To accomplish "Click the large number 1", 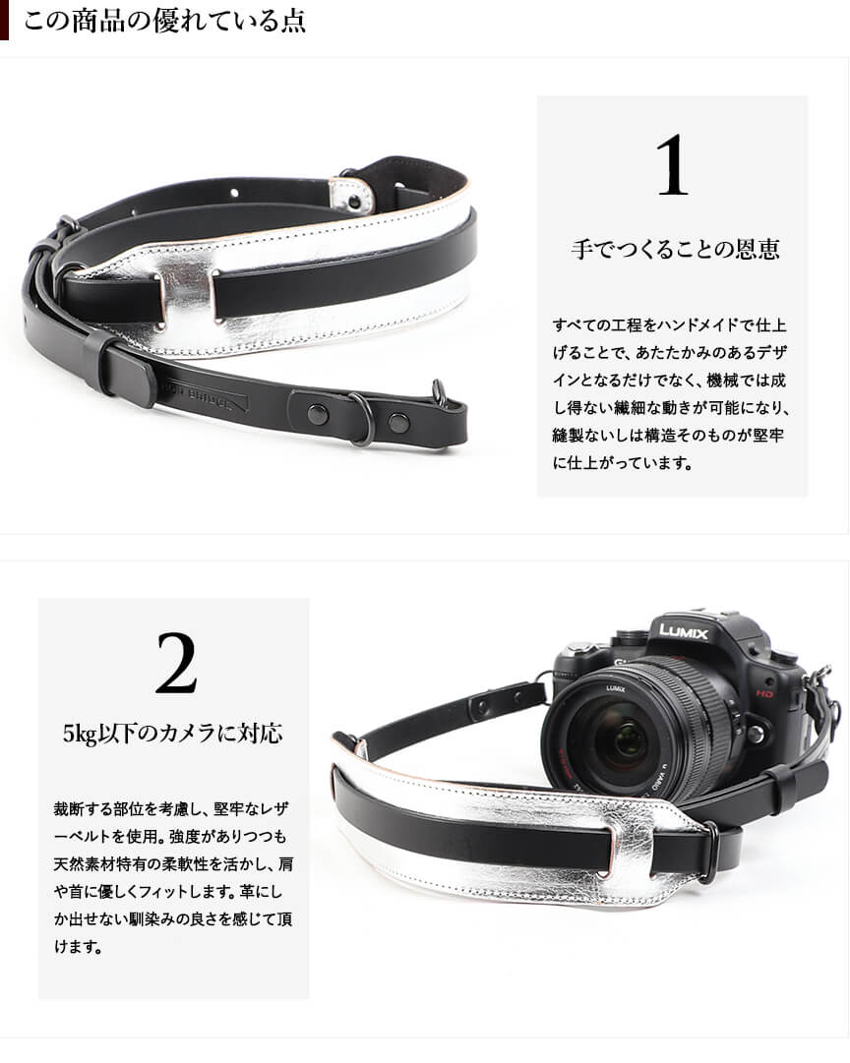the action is click(x=673, y=165).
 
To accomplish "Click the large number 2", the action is click(x=176, y=663).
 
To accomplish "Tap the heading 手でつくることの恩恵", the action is click(x=675, y=249).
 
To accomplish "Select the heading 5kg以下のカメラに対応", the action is click(x=173, y=733).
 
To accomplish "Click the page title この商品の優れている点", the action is click(x=165, y=21).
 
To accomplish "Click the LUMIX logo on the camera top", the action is click(x=683, y=632).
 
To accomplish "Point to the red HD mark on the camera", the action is click(x=764, y=693).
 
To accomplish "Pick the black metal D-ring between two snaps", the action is click(x=362, y=420).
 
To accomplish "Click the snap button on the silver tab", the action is click(x=353, y=200).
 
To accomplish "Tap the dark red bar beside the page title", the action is click(x=4, y=21).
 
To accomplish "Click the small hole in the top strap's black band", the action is click(x=234, y=193).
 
